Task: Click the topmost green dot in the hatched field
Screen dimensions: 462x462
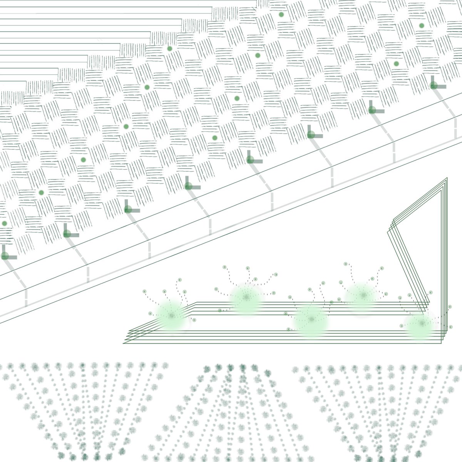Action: [281, 15]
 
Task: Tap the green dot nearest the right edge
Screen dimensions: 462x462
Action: [422, 26]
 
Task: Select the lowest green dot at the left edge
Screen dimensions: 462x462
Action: [5, 223]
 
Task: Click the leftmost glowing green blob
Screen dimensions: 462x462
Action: [171, 315]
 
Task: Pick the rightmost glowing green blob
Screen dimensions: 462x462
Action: [422, 323]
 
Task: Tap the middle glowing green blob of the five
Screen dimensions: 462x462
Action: [311, 319]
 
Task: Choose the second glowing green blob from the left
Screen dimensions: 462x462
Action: [246, 297]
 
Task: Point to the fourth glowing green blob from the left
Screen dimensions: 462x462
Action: [362, 295]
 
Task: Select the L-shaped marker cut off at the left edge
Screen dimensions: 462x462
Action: [5, 256]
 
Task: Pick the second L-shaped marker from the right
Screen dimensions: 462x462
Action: [372, 110]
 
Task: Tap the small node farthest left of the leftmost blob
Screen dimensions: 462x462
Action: [144, 291]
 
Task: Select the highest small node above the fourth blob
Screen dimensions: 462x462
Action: [345, 264]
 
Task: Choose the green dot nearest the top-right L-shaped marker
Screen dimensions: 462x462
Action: [396, 64]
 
